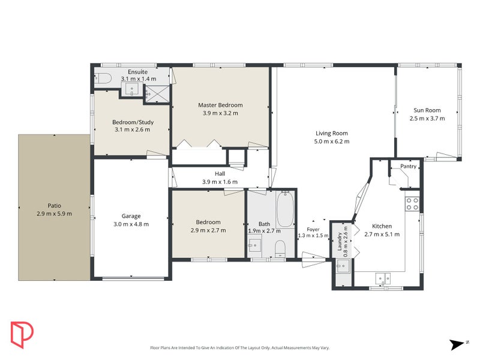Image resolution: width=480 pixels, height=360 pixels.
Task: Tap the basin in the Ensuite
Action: (x=131, y=91)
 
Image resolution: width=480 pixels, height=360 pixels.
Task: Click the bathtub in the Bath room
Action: (x=285, y=209)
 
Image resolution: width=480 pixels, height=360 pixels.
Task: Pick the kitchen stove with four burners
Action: (x=412, y=203)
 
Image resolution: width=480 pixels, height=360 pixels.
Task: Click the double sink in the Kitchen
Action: (x=382, y=277)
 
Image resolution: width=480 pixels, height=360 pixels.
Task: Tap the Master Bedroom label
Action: (x=220, y=105)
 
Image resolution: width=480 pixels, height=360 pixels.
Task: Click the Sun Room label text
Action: (x=427, y=110)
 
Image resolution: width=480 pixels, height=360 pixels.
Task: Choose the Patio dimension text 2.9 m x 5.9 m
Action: (x=54, y=214)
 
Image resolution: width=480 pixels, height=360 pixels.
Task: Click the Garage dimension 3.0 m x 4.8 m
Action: (x=131, y=224)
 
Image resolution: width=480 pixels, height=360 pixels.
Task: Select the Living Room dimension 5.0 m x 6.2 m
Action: (x=332, y=142)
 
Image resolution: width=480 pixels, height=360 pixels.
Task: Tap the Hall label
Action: (x=220, y=174)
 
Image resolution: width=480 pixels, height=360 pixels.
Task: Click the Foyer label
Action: (x=313, y=229)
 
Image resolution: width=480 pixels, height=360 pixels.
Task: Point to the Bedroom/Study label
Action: (x=131, y=122)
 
